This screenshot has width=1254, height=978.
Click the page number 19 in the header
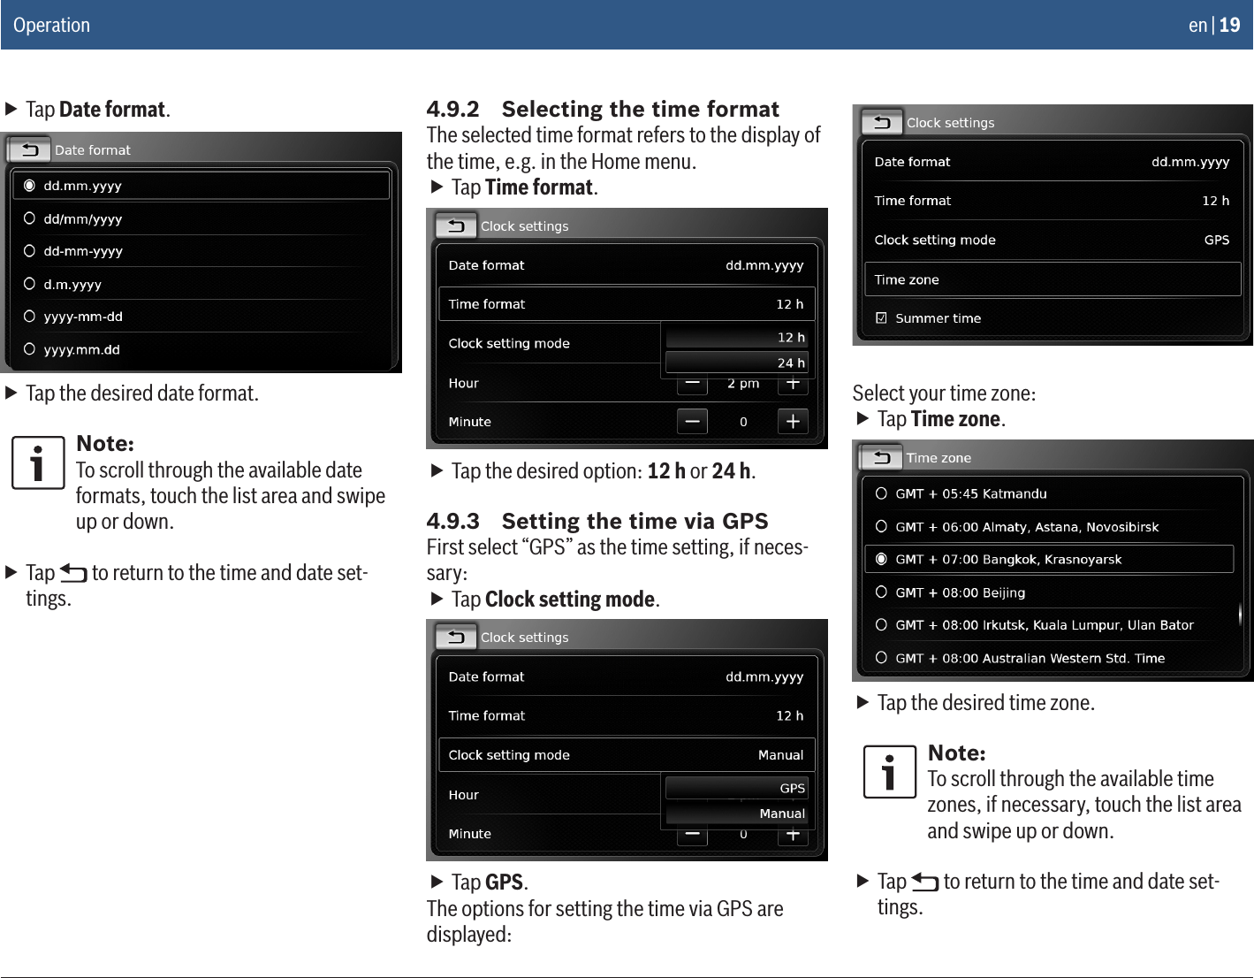[x=1229, y=25]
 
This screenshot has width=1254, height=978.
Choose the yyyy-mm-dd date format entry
[x=83, y=317]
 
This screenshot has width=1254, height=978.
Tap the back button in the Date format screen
[x=29, y=149]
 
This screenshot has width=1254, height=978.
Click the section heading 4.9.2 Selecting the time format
[x=603, y=109]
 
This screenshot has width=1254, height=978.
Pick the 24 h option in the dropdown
[x=736, y=363]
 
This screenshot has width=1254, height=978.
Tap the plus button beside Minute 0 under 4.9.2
[x=793, y=422]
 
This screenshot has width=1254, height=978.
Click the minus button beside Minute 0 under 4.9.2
[x=692, y=422]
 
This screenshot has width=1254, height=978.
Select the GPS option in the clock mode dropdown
[x=736, y=788]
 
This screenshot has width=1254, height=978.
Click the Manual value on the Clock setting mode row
[x=780, y=755]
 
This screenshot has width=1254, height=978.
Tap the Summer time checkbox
[x=881, y=318]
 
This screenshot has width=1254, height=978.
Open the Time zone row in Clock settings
[x=1052, y=279]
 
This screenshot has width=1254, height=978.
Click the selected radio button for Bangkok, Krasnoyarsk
[x=881, y=560]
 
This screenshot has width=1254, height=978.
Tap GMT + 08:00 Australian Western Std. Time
[x=1030, y=658]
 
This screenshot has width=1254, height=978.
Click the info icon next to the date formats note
[x=37, y=462]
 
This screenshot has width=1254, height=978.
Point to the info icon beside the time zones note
[x=889, y=772]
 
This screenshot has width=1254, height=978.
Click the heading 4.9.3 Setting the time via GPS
[x=597, y=521]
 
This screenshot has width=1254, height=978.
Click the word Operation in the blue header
[x=51, y=25]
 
